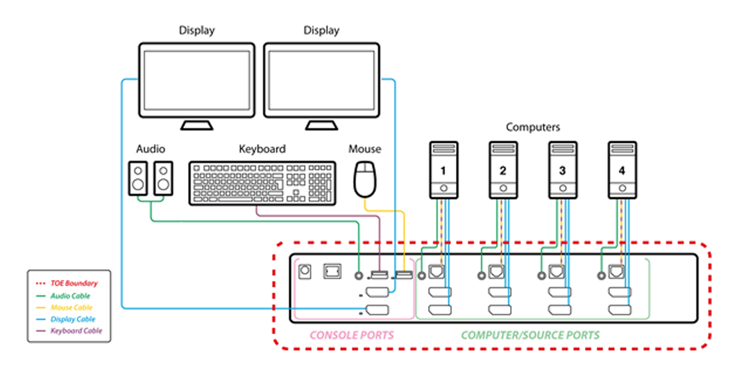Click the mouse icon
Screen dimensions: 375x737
tap(365, 179)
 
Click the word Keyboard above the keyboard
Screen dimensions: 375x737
tap(262, 149)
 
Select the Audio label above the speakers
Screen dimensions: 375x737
tap(151, 149)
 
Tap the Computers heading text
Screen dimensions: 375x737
tap(533, 128)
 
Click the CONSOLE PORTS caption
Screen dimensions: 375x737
tap(352, 335)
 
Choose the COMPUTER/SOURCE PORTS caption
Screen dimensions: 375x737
tap(531, 335)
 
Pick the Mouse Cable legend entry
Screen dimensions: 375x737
tap(72, 307)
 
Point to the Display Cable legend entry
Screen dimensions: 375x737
tap(74, 319)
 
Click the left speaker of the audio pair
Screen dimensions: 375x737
tap(139, 178)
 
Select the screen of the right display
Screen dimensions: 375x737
tap(321, 80)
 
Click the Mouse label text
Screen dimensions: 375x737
tap(365, 149)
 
